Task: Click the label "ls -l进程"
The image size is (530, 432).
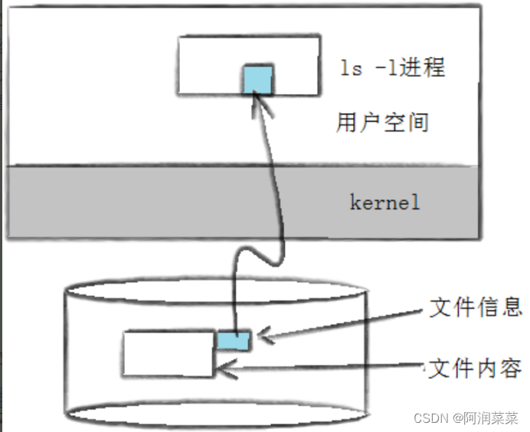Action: pyautogui.click(x=393, y=67)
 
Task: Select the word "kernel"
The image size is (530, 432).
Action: pyautogui.click(x=385, y=203)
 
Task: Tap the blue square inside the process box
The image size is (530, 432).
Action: pyautogui.click(x=257, y=80)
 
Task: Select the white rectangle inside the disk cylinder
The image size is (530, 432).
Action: pyautogui.click(x=169, y=353)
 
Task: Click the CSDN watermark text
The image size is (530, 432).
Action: pyautogui.click(x=430, y=418)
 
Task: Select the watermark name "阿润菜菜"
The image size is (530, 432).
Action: pyautogui.click(x=490, y=418)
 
